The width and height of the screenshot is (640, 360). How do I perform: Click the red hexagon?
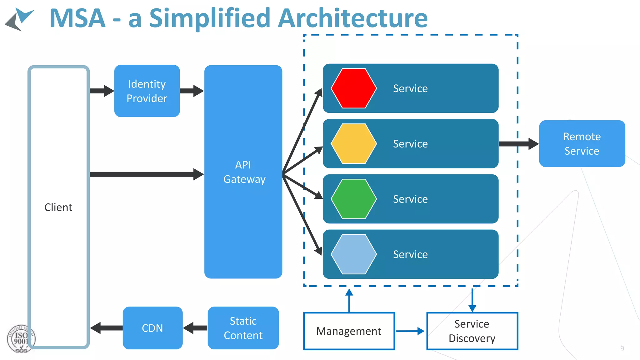[x=354, y=88]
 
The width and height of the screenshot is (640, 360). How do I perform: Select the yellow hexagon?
[x=354, y=144]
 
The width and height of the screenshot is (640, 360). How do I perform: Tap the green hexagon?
[x=354, y=199]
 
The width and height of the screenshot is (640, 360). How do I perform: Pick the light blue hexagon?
[x=354, y=254]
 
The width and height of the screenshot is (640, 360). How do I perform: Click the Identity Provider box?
[x=147, y=91]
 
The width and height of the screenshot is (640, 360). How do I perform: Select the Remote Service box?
[x=582, y=144]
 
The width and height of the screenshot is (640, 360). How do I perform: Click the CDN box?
[x=152, y=328]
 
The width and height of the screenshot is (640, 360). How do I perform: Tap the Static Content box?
[x=243, y=328]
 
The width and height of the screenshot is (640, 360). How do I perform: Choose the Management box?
[x=349, y=331]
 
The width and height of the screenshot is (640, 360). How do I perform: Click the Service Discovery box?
[x=472, y=331]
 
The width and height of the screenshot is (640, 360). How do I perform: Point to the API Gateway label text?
[x=244, y=172]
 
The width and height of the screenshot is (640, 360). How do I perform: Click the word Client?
[x=58, y=207]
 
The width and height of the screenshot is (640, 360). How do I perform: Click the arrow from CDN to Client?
[x=106, y=328]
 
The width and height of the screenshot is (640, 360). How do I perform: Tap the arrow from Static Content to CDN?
[x=195, y=328]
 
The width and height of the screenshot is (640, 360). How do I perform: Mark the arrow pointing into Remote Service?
[x=519, y=144]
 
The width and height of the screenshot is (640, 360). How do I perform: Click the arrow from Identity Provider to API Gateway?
[x=192, y=91]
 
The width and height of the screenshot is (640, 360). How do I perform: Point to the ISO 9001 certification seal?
[x=21, y=339]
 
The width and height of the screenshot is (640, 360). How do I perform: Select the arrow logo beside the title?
[x=19, y=19]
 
